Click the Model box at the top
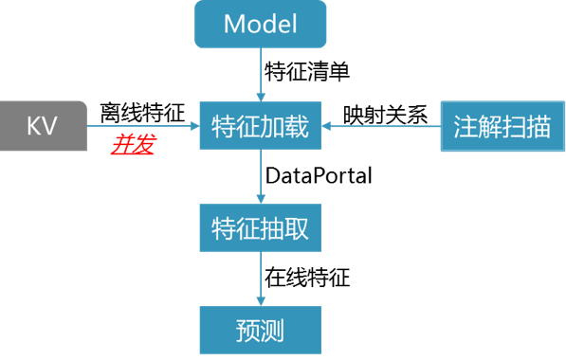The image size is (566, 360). (x=261, y=25)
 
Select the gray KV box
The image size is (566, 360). (x=43, y=125)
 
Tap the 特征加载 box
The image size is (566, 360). (x=261, y=126)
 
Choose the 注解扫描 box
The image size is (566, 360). (x=502, y=126)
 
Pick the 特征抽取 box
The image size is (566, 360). (x=261, y=228)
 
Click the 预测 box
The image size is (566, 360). (x=261, y=330)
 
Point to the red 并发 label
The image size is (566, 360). (x=134, y=146)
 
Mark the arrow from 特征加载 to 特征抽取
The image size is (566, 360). (x=261, y=176)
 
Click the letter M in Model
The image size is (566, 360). (x=234, y=25)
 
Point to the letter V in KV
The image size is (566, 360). (x=50, y=125)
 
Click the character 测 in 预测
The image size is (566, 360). (x=273, y=331)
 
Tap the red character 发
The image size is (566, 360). (x=143, y=146)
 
